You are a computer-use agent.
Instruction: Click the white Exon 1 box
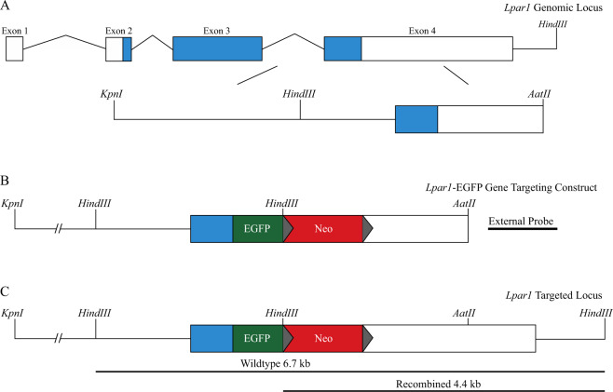14,49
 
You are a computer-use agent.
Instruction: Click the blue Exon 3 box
216,49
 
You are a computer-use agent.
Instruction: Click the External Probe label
522,221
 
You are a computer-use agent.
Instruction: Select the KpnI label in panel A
112,94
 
